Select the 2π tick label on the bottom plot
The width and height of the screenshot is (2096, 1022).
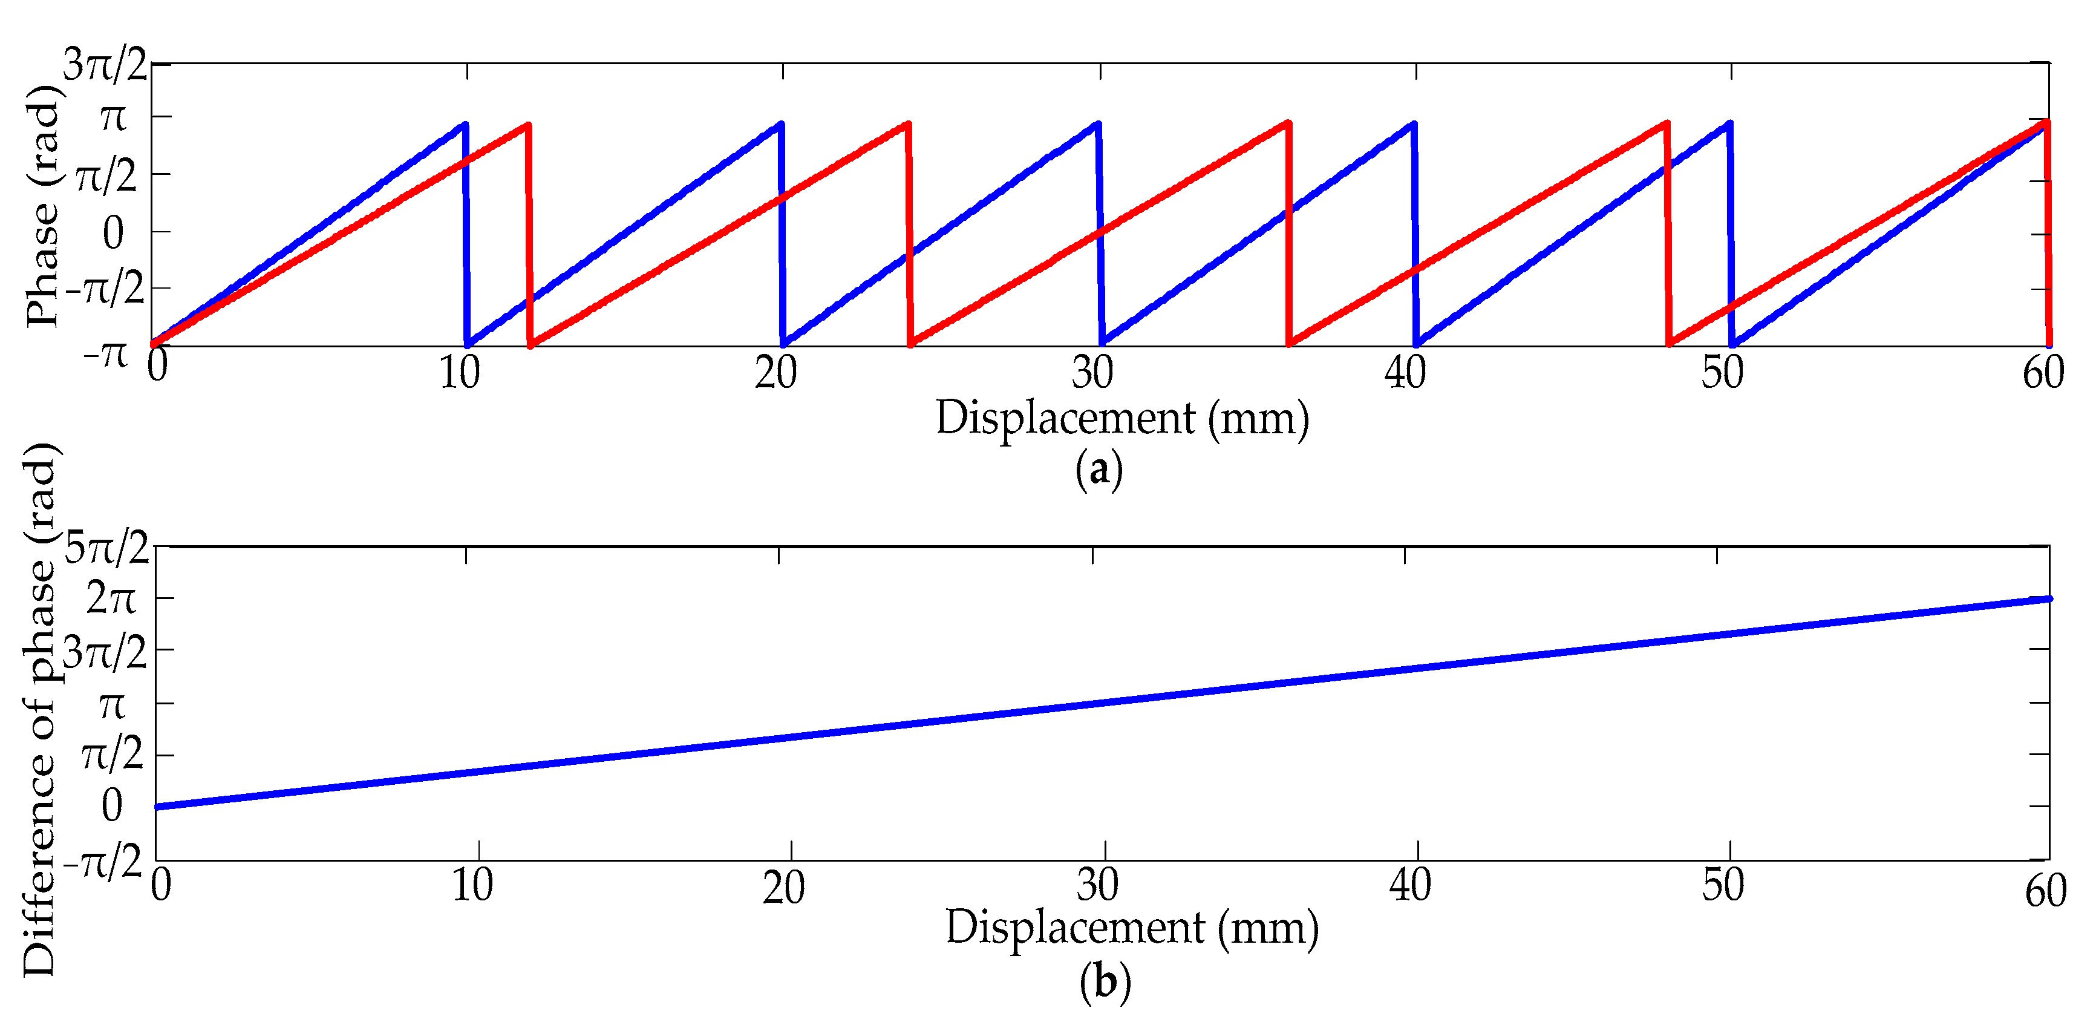111,600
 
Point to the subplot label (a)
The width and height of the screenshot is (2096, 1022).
1099,470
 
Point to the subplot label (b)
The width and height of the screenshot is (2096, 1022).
1105,982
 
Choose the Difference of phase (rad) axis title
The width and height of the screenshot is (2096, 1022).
39,708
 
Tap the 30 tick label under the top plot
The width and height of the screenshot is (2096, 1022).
1092,373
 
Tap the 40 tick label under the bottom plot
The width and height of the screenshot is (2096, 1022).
1410,885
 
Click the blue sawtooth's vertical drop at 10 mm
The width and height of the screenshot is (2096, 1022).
466,236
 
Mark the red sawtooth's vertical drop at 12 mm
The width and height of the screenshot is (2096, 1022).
529,236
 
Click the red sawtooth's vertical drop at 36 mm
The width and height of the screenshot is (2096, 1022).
1289,236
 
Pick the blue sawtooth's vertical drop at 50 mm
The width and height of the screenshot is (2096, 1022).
1731,236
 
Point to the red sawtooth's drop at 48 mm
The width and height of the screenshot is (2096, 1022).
1667,236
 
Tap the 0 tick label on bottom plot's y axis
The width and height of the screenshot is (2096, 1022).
113,805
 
